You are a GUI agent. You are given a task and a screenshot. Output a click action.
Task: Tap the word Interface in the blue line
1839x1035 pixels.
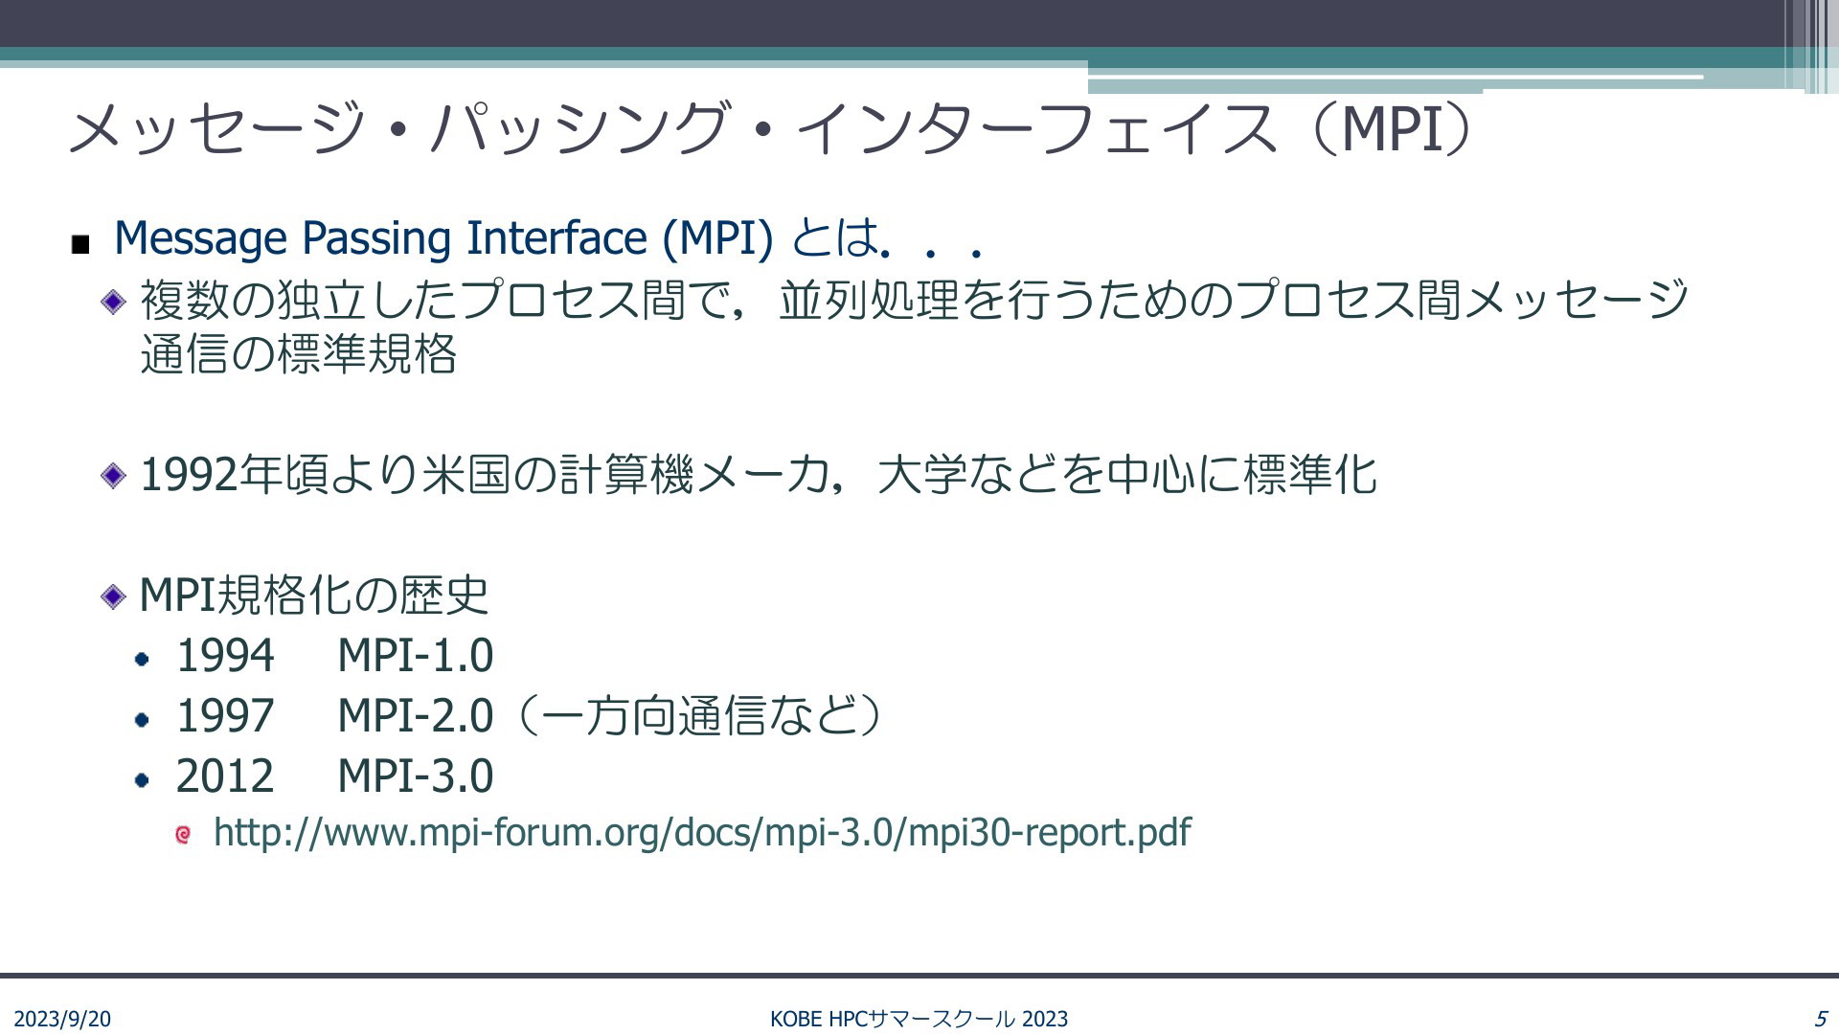[556, 238]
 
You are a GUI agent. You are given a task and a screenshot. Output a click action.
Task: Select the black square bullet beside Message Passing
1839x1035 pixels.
[80, 245]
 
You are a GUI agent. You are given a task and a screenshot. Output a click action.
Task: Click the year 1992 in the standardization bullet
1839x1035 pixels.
[189, 475]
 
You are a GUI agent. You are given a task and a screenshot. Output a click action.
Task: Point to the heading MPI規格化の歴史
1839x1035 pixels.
[314, 595]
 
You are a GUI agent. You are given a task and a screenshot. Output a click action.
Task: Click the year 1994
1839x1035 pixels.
[225, 656]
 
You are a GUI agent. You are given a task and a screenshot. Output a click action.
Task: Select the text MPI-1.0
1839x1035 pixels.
[416, 656]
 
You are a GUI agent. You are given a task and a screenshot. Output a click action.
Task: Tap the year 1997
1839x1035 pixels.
[225, 716]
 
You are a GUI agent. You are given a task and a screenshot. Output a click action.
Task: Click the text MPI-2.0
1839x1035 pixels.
[416, 716]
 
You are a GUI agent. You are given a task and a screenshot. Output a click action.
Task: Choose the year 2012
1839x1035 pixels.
[225, 776]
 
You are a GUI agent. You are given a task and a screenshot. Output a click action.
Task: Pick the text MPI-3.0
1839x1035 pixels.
[416, 776]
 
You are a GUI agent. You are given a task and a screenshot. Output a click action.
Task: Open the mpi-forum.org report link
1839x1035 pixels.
[702, 833]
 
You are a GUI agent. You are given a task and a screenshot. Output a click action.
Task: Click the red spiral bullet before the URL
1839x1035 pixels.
[183, 835]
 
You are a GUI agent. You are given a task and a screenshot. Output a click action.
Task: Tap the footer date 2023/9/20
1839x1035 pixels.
[62, 1019]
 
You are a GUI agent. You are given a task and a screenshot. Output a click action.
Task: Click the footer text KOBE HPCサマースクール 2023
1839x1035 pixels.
[919, 1019]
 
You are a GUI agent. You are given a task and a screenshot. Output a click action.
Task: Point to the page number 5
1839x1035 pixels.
[1821, 1019]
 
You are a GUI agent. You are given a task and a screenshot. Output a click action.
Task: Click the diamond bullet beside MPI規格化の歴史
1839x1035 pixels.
[113, 596]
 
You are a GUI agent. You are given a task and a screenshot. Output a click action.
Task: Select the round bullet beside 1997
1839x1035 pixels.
[143, 719]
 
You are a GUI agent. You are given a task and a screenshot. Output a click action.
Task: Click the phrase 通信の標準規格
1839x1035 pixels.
[298, 354]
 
